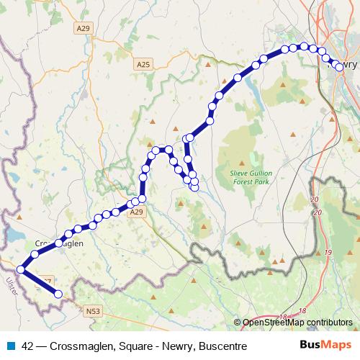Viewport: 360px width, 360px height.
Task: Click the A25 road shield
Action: click(x=143, y=64)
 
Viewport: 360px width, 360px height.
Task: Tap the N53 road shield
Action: click(x=91, y=311)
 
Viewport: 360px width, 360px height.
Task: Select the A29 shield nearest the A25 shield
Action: click(x=84, y=28)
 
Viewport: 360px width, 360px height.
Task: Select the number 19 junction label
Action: click(x=328, y=253)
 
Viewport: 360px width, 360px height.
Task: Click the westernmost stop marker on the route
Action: click(x=21, y=270)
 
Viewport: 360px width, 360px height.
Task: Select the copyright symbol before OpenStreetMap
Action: click(x=238, y=323)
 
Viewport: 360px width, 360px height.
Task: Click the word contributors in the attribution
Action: click(x=331, y=323)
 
